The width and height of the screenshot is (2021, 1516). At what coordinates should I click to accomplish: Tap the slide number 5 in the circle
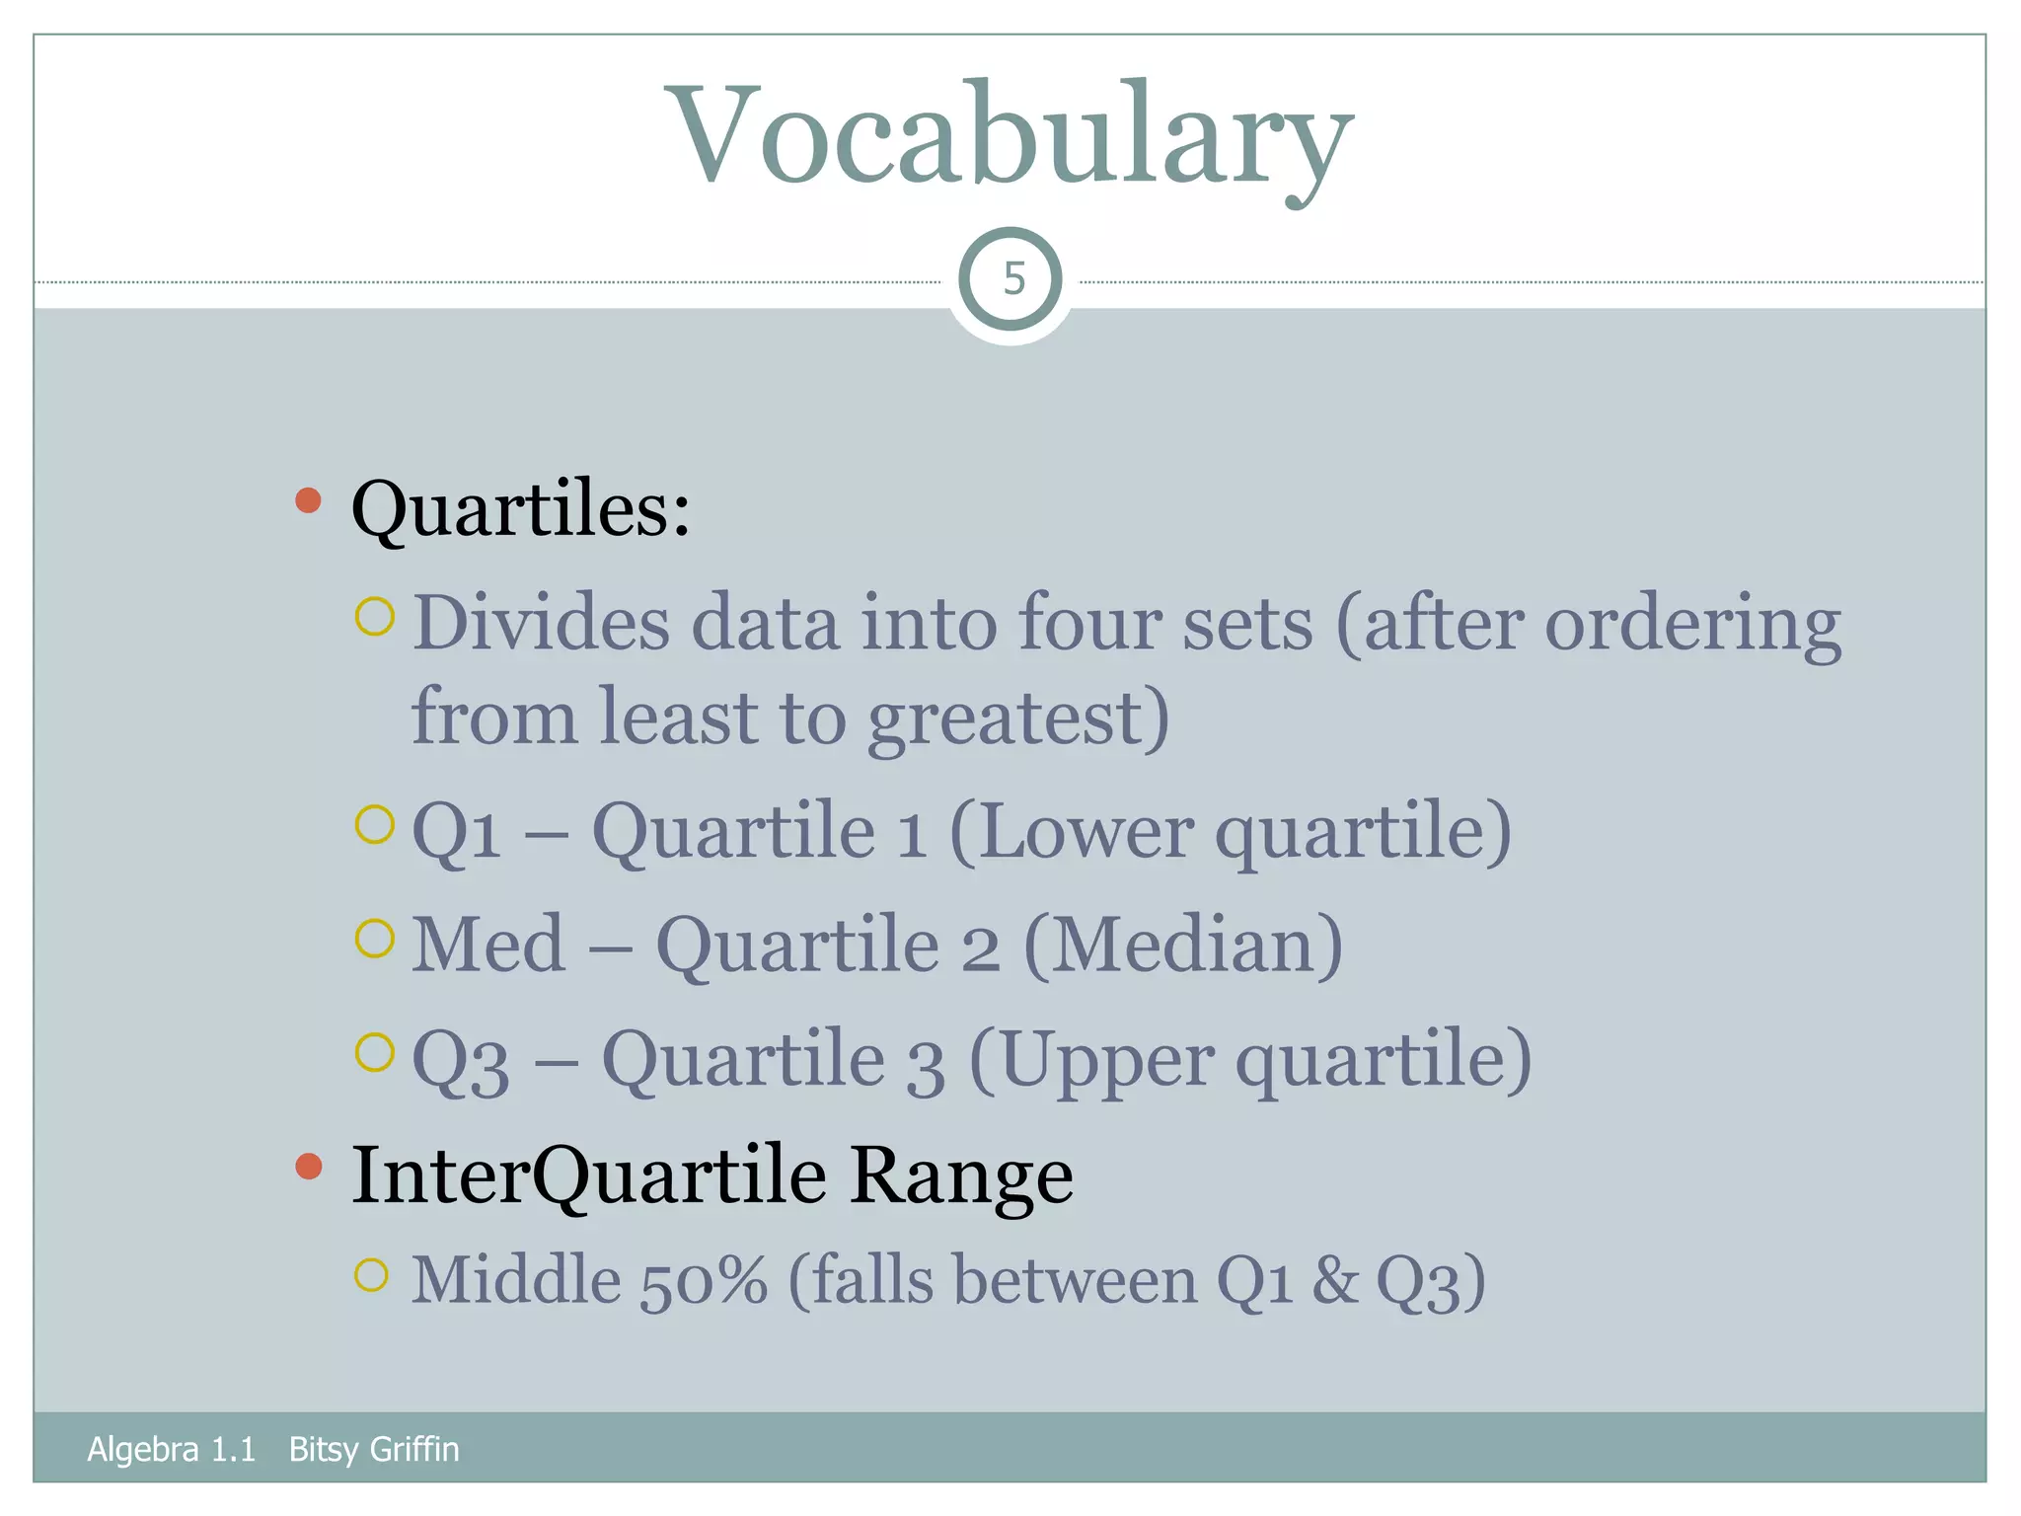click(1012, 279)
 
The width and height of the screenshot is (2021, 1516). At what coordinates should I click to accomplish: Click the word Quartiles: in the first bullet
click(521, 509)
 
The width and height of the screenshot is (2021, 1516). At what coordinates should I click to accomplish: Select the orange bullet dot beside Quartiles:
click(309, 500)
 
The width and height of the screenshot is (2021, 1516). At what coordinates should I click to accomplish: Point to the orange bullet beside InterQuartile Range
click(309, 1166)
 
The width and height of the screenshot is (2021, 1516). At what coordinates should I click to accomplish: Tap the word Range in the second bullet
click(960, 1175)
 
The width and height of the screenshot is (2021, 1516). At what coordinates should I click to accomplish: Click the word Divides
click(541, 624)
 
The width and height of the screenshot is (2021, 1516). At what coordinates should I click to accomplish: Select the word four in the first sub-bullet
click(1089, 624)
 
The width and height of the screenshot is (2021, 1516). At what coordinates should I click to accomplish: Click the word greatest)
click(1018, 718)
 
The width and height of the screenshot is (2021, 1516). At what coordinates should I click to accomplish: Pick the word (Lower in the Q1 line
click(1072, 832)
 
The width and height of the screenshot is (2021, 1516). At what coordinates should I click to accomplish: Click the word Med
click(488, 945)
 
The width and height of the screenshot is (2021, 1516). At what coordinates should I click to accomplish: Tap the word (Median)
click(1183, 945)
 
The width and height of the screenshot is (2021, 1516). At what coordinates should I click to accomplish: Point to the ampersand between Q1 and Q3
click(1335, 1281)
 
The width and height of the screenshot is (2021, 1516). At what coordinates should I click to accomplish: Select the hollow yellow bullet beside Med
click(374, 938)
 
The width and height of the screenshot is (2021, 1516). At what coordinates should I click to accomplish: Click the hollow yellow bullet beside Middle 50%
click(371, 1275)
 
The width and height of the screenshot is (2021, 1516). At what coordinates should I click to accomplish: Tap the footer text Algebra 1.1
click(171, 1449)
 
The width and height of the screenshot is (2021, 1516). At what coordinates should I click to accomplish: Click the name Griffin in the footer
click(414, 1449)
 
